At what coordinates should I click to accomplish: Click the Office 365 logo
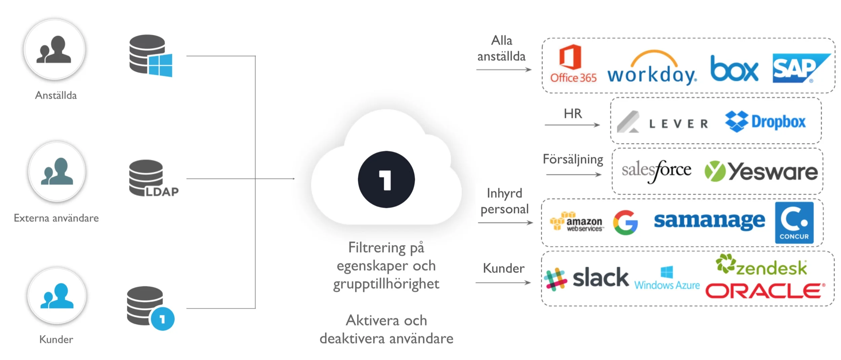[x=573, y=64]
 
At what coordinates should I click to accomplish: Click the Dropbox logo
[x=765, y=121]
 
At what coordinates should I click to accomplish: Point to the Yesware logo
[x=761, y=172]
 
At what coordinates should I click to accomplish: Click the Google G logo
[x=625, y=222]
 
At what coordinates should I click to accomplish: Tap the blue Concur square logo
[x=794, y=223]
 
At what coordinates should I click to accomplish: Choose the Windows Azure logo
[x=667, y=279]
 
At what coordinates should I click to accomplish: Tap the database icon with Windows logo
[x=150, y=56]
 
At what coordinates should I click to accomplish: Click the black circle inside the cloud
[x=386, y=179]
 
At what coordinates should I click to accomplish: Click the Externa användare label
[x=56, y=218]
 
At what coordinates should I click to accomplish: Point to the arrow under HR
[x=572, y=125]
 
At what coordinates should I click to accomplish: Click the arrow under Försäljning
[x=574, y=175]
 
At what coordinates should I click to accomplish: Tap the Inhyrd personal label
[x=504, y=201]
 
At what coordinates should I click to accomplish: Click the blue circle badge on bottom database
[x=162, y=319]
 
